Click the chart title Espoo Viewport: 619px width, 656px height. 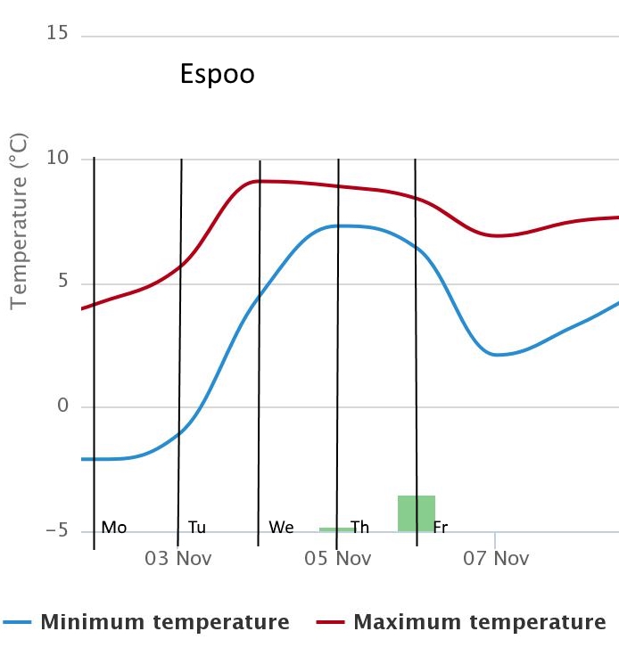pos(217,73)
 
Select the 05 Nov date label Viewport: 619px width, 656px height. pos(338,559)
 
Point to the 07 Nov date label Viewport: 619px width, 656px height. pos(497,559)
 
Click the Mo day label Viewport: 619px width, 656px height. pos(114,527)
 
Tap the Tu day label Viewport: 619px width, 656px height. pos(197,527)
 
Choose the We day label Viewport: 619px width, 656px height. pos(281,527)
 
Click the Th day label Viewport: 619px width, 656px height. pos(360,527)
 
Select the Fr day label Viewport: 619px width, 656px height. pos(440,527)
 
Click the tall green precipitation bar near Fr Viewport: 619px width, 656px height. pos(417,512)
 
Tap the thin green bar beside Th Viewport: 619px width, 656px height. pos(335,529)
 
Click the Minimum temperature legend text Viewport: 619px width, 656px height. pos(164,621)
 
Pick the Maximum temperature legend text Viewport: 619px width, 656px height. pos(480,621)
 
